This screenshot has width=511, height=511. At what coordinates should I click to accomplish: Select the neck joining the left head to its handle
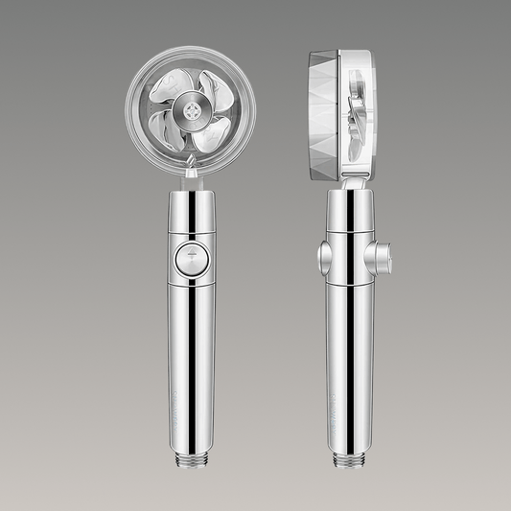(192, 182)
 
